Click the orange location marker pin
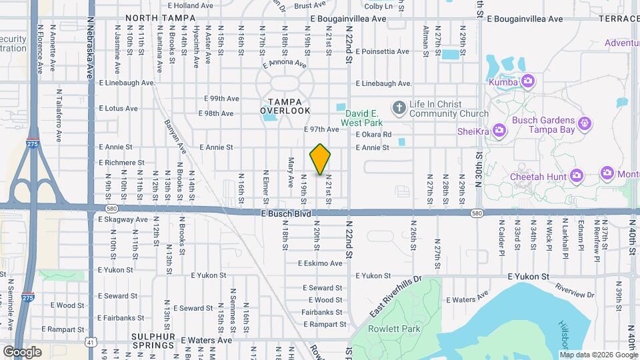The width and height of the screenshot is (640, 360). pos(321,159)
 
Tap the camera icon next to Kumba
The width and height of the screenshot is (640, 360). pos(528,82)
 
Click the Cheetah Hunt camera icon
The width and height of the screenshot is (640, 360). pos(577,176)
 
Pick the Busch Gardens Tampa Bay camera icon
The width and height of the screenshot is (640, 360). pos(585,123)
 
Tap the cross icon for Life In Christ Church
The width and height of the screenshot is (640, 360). pos(399,107)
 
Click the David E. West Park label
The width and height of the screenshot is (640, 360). pos(362,118)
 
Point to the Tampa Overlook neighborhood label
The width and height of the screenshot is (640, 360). pos(285,105)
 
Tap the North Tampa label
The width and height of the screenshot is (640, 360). pos(153,18)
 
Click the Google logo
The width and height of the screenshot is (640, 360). pos(22,351)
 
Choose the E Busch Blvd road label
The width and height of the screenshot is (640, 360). pos(285,213)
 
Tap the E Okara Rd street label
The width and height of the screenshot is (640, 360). pos(373,134)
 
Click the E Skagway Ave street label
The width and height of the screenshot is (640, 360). pos(123,219)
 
